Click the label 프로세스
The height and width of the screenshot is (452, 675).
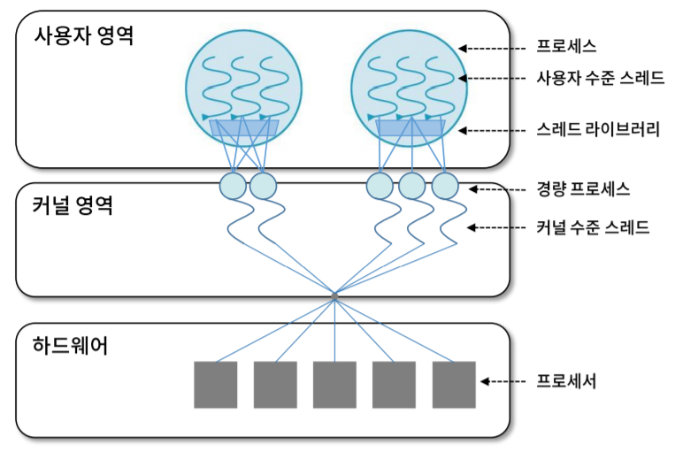click(567, 46)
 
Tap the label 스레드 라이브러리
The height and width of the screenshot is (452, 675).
click(598, 129)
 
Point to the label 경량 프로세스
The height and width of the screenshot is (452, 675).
click(583, 189)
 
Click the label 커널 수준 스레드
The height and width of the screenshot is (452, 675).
click(594, 227)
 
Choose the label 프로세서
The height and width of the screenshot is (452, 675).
click(567, 382)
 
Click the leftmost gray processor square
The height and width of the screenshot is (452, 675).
click(216, 384)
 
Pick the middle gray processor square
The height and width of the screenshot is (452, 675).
click(334, 384)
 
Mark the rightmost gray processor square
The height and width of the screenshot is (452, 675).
click(454, 384)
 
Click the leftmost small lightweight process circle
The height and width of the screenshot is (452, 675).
click(233, 186)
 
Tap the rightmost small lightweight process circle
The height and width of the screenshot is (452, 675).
click(445, 186)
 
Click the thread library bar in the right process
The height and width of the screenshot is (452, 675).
click(410, 129)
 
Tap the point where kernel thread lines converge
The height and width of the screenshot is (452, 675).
click(334, 295)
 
